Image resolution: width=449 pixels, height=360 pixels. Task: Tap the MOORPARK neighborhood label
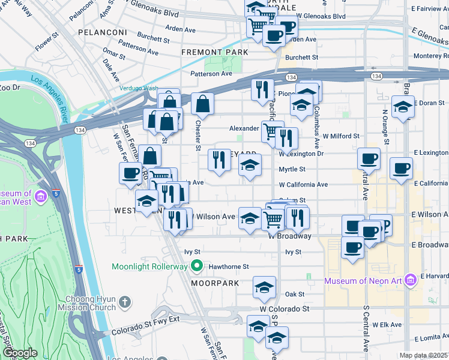tap(215, 283)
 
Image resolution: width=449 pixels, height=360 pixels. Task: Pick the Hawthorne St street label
tap(229, 266)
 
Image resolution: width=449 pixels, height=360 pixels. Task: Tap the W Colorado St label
tap(284, 309)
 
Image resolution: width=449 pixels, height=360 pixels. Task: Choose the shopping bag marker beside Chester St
tap(203, 103)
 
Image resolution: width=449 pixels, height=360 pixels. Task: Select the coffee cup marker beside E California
tap(400, 168)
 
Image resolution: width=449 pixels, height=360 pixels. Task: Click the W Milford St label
tap(341, 136)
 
